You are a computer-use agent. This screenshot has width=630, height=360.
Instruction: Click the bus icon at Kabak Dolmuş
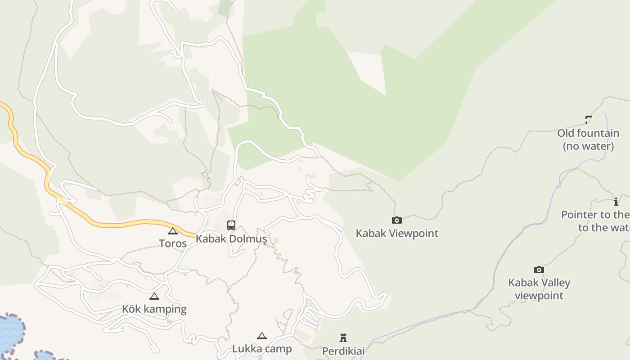point(231,225)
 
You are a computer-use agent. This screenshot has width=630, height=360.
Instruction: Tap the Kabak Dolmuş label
point(231,239)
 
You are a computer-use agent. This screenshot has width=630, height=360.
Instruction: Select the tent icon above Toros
point(172,231)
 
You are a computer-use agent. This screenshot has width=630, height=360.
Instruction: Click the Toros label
point(172,243)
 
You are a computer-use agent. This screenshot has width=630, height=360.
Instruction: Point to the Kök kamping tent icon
point(154,297)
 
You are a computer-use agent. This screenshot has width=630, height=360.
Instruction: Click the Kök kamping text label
point(154,309)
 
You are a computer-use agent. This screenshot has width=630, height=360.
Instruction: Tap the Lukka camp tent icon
point(262,336)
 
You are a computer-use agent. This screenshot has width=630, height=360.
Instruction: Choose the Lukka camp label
point(262,349)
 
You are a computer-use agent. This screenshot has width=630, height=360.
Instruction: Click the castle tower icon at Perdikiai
point(343,338)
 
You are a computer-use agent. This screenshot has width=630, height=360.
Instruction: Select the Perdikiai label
point(343,351)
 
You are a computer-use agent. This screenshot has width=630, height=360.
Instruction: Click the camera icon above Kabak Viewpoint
point(396,220)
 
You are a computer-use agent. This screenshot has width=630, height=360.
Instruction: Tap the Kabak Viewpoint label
point(397,233)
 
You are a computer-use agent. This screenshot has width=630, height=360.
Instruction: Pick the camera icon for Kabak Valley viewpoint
point(539,270)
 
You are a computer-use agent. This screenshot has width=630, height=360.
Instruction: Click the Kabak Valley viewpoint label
point(539,289)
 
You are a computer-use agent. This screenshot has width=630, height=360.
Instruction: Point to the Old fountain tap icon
point(589,120)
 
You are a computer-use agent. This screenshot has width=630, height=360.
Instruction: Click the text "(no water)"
point(588,146)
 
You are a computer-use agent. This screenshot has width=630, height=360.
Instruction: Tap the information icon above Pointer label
point(616,202)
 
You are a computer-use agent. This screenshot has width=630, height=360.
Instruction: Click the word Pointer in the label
point(579,215)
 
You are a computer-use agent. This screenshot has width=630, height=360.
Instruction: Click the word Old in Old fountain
point(566,133)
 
